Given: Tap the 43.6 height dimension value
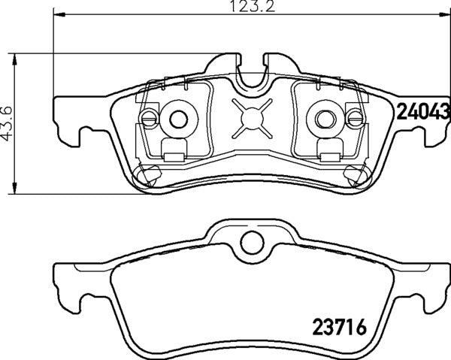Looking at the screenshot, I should [x=8, y=123].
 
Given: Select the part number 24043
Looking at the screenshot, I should [x=422, y=112].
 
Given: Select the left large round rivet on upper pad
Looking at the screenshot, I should [x=177, y=118].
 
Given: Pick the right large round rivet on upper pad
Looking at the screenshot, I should [x=323, y=118].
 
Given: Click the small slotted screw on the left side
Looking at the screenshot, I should [x=149, y=118].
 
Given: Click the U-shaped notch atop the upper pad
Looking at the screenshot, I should [x=252, y=71].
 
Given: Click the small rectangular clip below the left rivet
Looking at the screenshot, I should [x=174, y=157].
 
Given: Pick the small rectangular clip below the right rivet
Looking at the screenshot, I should [x=328, y=157].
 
